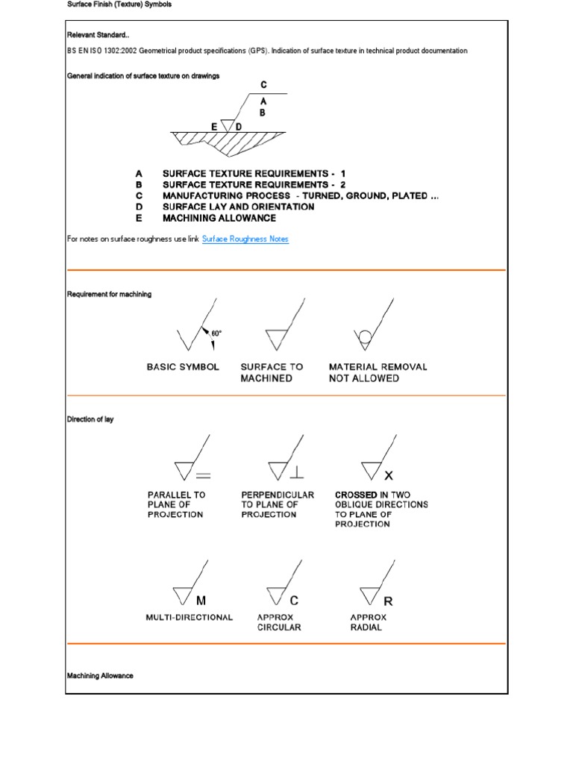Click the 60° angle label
click(x=216, y=333)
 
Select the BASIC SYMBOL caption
click(x=183, y=367)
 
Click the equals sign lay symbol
click(x=203, y=475)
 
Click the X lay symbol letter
click(x=388, y=475)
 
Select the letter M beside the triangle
click(x=201, y=600)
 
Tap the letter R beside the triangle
click(x=388, y=600)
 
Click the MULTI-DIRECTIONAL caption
click(x=190, y=617)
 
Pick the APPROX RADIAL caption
click(x=369, y=622)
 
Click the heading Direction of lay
click(x=90, y=420)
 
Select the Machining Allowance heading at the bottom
click(x=100, y=675)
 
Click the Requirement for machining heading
click(x=109, y=294)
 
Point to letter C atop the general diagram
click(x=263, y=85)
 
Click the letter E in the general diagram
click(x=214, y=127)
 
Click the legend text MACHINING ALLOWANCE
click(x=219, y=218)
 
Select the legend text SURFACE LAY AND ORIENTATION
click(x=238, y=207)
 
